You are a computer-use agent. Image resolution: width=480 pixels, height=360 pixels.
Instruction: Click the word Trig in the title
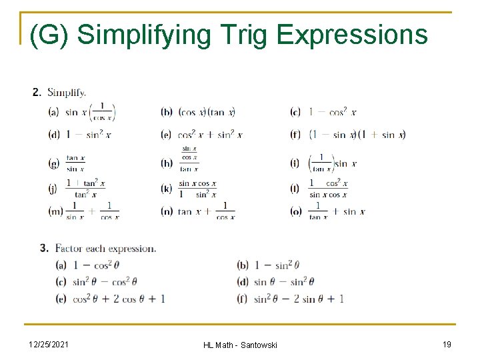coord(241,35)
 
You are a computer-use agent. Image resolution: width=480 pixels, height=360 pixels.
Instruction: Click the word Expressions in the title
coord(352,35)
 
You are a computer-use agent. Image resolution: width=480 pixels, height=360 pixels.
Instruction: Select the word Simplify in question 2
coord(67,93)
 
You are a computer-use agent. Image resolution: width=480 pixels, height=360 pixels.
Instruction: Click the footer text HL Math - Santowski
coord(240,344)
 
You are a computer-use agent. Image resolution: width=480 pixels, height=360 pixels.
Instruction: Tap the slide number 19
coord(447,343)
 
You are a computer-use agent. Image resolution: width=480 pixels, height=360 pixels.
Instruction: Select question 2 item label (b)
coord(167,113)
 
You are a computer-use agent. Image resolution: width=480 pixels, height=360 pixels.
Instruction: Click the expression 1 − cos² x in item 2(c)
coord(332,113)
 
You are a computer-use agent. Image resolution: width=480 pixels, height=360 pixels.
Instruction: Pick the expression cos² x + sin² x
coord(211,135)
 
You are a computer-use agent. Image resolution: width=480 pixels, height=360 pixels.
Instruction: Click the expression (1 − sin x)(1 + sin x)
coord(357,135)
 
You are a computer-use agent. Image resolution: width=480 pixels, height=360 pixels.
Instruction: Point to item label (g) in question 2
coord(54,163)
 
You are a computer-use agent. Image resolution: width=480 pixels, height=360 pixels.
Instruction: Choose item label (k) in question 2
coord(167,189)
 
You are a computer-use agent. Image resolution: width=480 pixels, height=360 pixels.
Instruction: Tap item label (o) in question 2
coord(295,211)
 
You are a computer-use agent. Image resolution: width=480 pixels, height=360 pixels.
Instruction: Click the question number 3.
coord(44,248)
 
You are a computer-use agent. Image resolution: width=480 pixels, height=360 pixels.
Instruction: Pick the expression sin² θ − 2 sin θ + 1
coord(299,299)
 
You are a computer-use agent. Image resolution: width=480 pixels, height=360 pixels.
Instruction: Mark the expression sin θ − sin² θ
coord(284,281)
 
